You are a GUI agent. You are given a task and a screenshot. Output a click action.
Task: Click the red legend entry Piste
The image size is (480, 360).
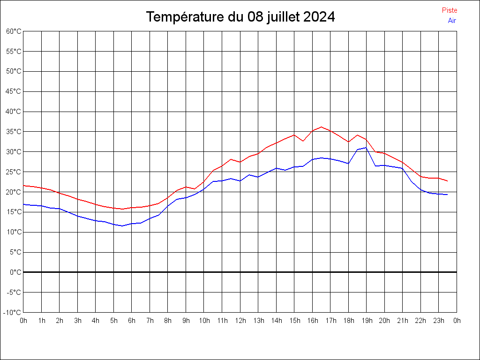click(x=449, y=10)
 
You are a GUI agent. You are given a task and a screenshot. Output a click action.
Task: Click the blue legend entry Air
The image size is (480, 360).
click(x=452, y=21)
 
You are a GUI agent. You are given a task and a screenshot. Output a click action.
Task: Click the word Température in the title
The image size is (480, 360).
click(x=185, y=17)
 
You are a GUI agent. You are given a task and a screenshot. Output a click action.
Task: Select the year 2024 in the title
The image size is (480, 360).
click(x=319, y=17)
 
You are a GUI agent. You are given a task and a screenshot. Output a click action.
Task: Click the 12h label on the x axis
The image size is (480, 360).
click(x=240, y=321)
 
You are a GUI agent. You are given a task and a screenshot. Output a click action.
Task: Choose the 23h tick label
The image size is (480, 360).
click(x=439, y=321)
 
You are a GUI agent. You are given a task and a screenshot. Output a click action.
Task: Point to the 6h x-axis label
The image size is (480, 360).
click(x=132, y=321)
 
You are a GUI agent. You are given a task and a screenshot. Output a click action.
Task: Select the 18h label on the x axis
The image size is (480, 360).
click(x=348, y=321)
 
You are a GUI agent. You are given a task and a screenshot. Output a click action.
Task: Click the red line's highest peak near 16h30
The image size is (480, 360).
click(x=321, y=127)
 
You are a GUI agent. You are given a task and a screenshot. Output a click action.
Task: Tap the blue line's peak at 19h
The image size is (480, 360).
click(x=366, y=148)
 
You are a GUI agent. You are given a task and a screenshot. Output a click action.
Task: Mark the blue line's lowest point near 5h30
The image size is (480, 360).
click(x=122, y=226)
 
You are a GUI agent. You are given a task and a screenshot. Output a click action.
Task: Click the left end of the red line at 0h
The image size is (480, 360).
click(x=23, y=186)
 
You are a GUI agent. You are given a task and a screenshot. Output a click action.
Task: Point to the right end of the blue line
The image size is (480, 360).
click(x=447, y=195)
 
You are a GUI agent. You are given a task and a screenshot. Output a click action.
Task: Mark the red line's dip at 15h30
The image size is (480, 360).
click(x=303, y=141)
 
